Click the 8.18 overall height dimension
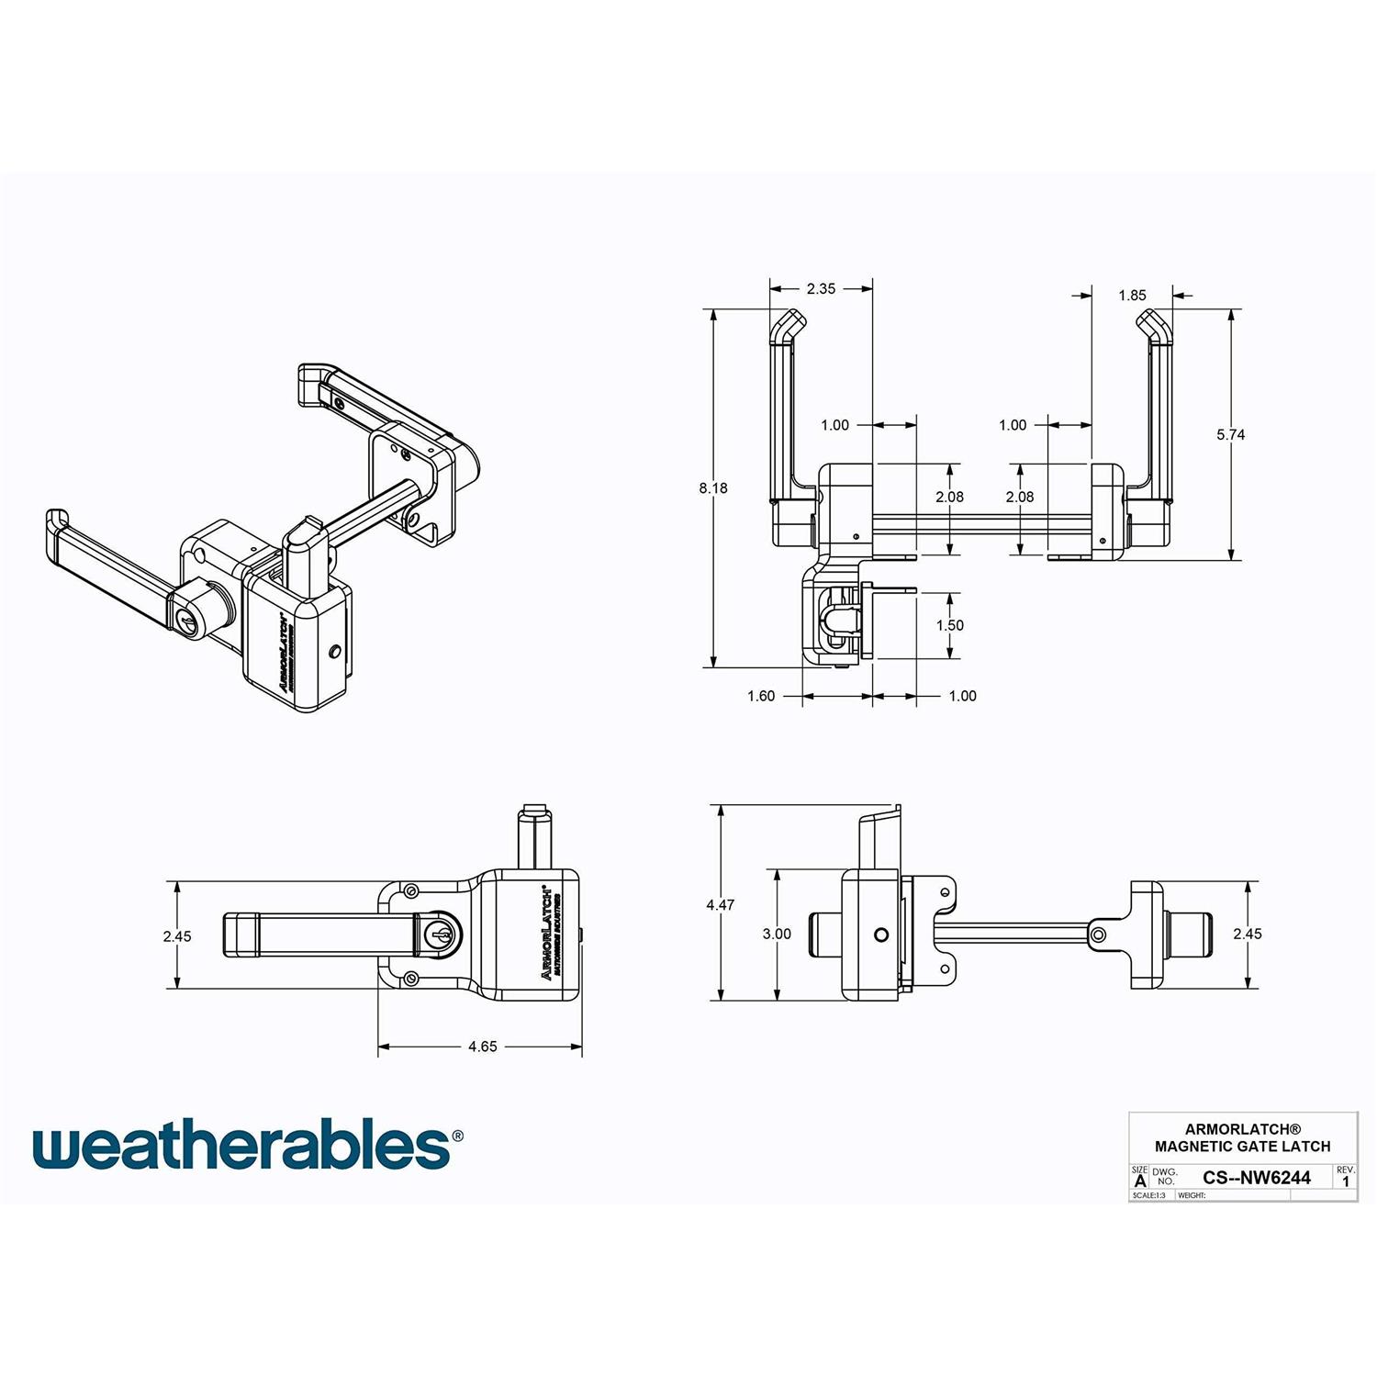coord(713,488)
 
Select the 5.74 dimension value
coord(1230,435)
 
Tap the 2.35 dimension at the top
coord(821,288)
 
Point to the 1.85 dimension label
coord(1132,296)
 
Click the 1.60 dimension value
coord(761,696)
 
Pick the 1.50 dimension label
coord(949,625)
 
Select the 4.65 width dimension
coord(482,1047)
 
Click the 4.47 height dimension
coord(721,905)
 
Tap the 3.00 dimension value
coord(777,934)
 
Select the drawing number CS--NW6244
coord(1256,1178)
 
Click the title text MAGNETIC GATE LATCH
coord(1242,1147)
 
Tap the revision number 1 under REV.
coord(1346,1182)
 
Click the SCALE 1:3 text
coord(1148,1196)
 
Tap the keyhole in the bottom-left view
coord(439,935)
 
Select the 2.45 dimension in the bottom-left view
coord(177,936)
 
